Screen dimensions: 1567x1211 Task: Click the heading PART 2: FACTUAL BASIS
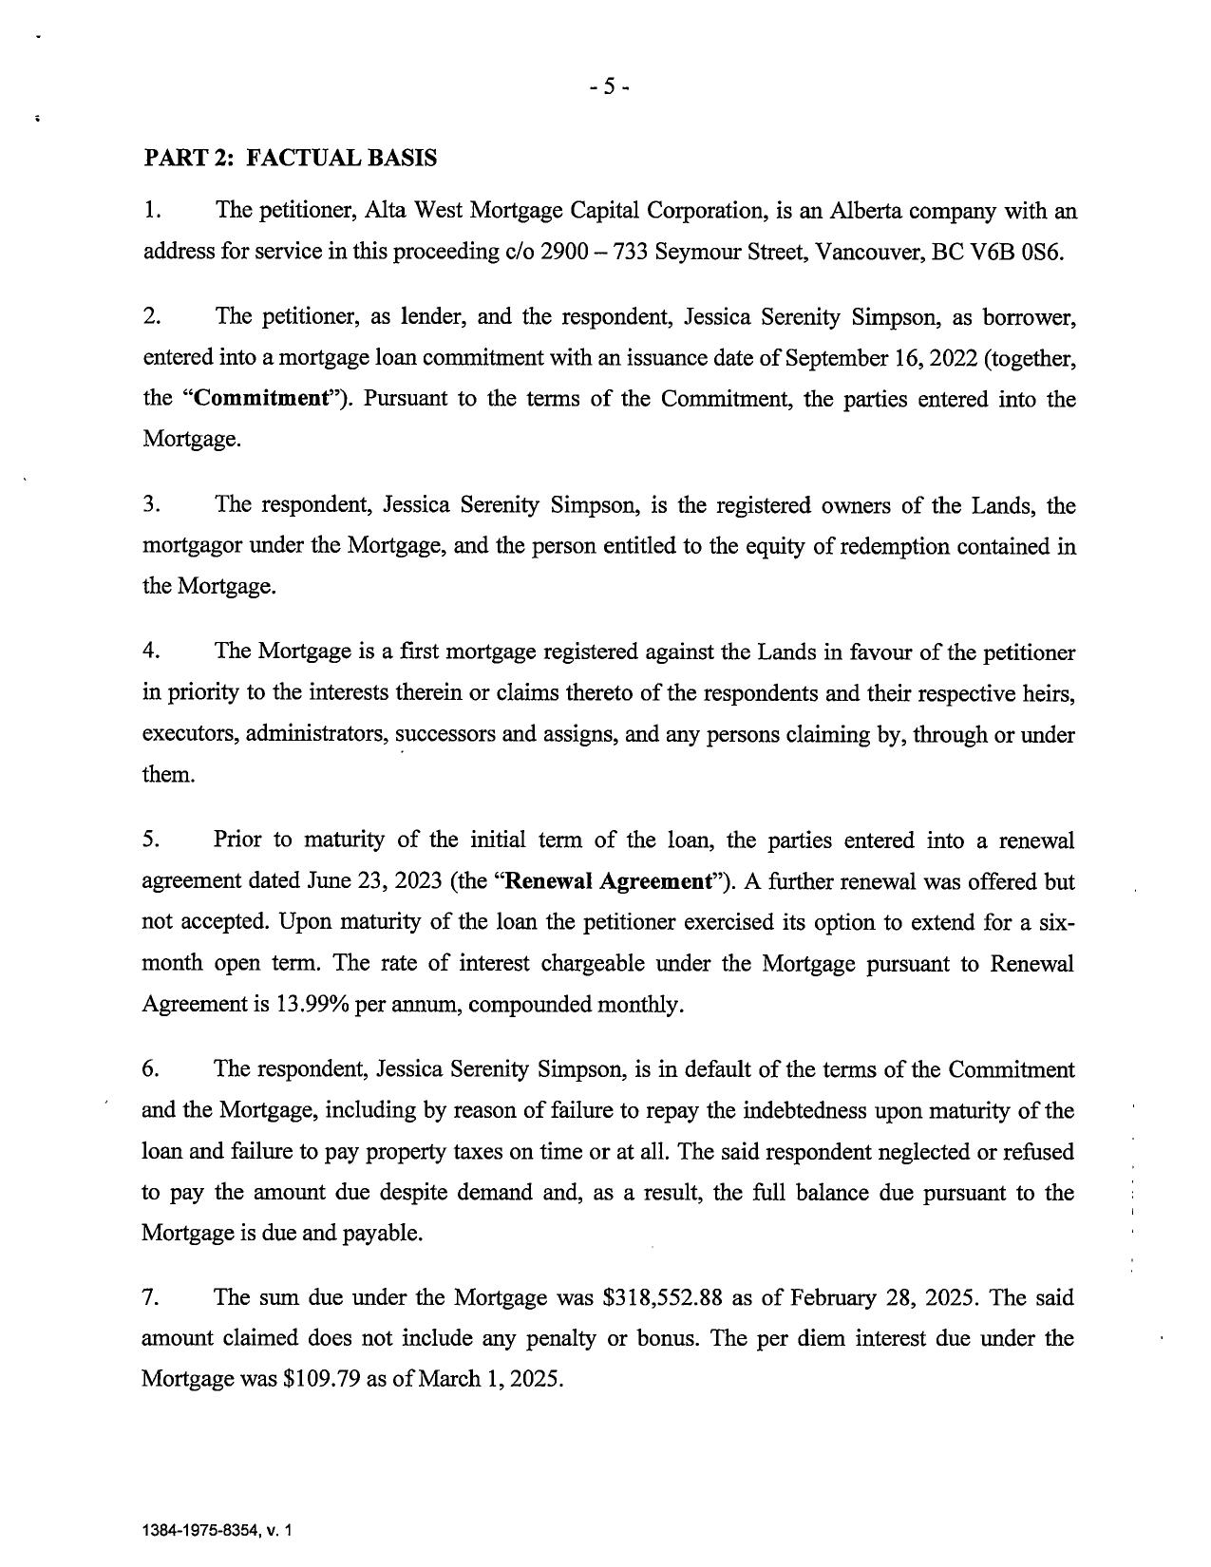point(290,158)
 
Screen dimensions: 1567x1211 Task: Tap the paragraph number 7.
point(150,1297)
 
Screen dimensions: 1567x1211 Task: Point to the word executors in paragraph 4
point(187,734)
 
